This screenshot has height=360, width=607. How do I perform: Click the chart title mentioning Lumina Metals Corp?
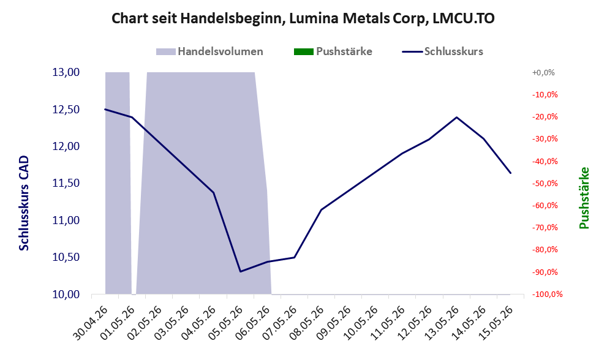click(303, 18)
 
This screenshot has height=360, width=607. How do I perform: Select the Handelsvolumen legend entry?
click(209, 51)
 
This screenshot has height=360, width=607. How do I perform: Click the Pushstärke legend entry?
click(333, 51)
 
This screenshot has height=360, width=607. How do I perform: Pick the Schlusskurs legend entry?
click(442, 51)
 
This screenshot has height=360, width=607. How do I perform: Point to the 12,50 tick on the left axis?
click(66, 110)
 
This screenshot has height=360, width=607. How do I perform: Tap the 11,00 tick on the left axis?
click(66, 220)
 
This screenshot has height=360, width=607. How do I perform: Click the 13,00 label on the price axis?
click(66, 72)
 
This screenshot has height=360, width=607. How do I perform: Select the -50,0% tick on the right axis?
click(545, 183)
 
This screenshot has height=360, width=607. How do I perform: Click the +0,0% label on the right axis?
click(543, 72)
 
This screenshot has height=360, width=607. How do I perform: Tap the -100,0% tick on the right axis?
click(547, 294)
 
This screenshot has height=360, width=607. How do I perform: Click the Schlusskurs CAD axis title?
click(24, 203)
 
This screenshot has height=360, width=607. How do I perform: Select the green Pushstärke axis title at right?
click(584, 198)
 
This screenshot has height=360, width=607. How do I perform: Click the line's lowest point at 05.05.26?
click(240, 271)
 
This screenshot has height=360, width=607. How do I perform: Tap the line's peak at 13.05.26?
click(457, 117)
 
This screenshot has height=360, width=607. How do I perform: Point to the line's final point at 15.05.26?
click(511, 173)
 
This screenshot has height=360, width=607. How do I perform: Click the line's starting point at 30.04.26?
click(105, 109)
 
